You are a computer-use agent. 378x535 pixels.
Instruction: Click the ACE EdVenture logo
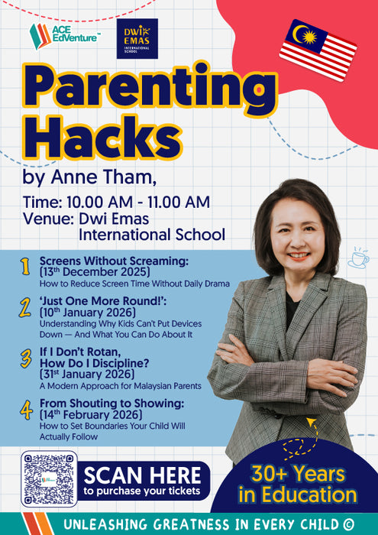pos(64,35)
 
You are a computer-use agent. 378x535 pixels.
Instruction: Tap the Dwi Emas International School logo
pos(137,38)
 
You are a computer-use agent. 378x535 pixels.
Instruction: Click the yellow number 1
pos(24,267)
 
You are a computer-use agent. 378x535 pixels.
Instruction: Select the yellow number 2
pos(24,307)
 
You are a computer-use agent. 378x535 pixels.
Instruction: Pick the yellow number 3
pos(24,357)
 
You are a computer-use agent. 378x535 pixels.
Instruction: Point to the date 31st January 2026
pos(86,374)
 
